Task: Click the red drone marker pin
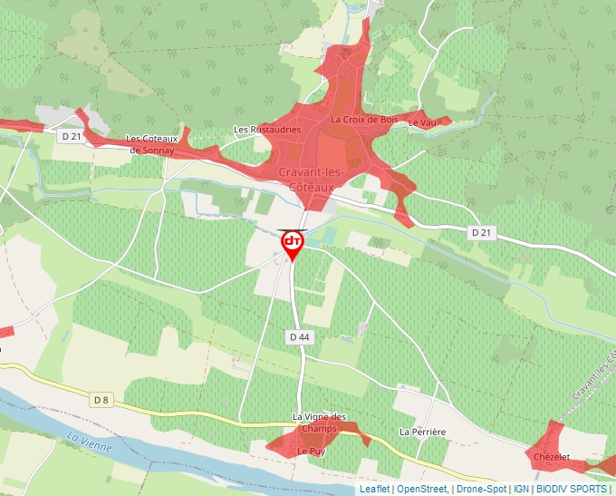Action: [x=293, y=243]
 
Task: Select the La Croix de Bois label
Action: [x=364, y=119]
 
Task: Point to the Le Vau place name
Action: [x=421, y=122]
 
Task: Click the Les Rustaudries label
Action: [x=267, y=130]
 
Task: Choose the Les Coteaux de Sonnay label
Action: [x=158, y=144]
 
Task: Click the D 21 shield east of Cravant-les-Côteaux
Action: [x=481, y=233]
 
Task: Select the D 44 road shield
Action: [x=300, y=336]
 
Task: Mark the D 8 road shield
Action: [x=101, y=399]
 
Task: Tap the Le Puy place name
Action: [x=311, y=451]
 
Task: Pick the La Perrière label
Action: [x=423, y=432]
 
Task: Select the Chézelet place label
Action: [x=552, y=457]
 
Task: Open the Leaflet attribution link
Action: [x=374, y=489]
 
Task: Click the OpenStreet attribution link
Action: [x=422, y=489]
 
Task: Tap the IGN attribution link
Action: [x=521, y=489]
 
